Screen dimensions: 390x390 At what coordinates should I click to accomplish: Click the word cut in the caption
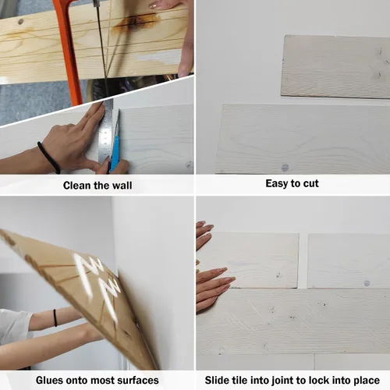tap(311, 183)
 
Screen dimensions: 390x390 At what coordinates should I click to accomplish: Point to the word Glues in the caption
tap(49, 380)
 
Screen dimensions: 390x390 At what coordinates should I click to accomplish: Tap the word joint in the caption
tap(282, 381)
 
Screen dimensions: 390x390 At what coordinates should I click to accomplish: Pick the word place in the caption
tap(367, 381)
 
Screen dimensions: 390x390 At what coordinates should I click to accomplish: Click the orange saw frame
tap(69, 52)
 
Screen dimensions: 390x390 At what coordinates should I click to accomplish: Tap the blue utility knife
tap(115, 146)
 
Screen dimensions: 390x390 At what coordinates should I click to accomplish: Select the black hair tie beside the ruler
tap(49, 158)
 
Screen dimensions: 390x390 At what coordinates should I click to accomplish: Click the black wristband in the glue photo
tap(55, 317)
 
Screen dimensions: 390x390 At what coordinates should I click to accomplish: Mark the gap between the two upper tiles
tap(303, 261)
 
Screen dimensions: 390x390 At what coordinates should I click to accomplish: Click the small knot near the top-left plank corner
tap(20, 22)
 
